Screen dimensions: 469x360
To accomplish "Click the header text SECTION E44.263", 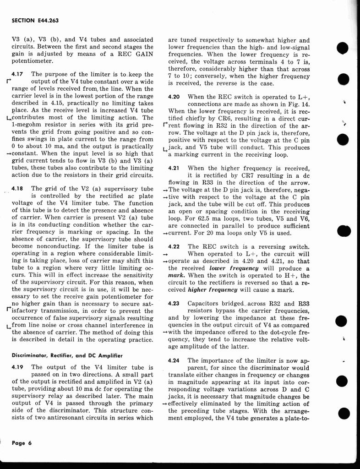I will click(35, 21).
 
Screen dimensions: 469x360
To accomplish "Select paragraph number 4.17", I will click(18, 74).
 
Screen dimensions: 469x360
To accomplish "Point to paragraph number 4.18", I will click(18, 188).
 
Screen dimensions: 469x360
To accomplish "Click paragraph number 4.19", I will click(18, 367).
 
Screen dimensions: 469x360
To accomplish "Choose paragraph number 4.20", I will click(175, 97).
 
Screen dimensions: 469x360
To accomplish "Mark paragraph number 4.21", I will click(175, 168).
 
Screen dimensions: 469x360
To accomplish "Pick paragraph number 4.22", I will click(175, 246).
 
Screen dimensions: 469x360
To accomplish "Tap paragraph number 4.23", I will click(175, 303).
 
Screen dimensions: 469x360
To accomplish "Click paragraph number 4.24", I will click(175, 360).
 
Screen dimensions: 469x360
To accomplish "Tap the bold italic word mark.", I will click(176, 275).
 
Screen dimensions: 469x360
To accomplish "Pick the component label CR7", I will click(233, 175).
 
